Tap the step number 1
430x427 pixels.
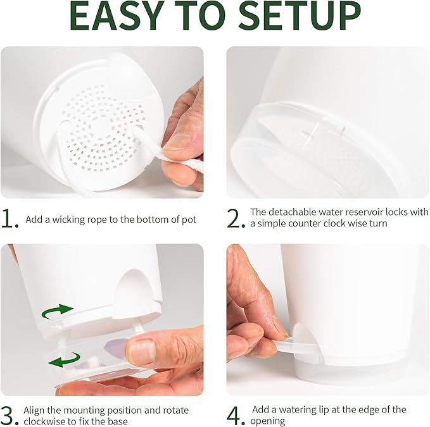click(9, 219)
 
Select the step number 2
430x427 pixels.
click(236, 218)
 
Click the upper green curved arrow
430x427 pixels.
click(56, 312)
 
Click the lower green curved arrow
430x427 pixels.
click(65, 359)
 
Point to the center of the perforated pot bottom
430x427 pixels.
click(101, 128)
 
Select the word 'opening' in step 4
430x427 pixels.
click(268, 421)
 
